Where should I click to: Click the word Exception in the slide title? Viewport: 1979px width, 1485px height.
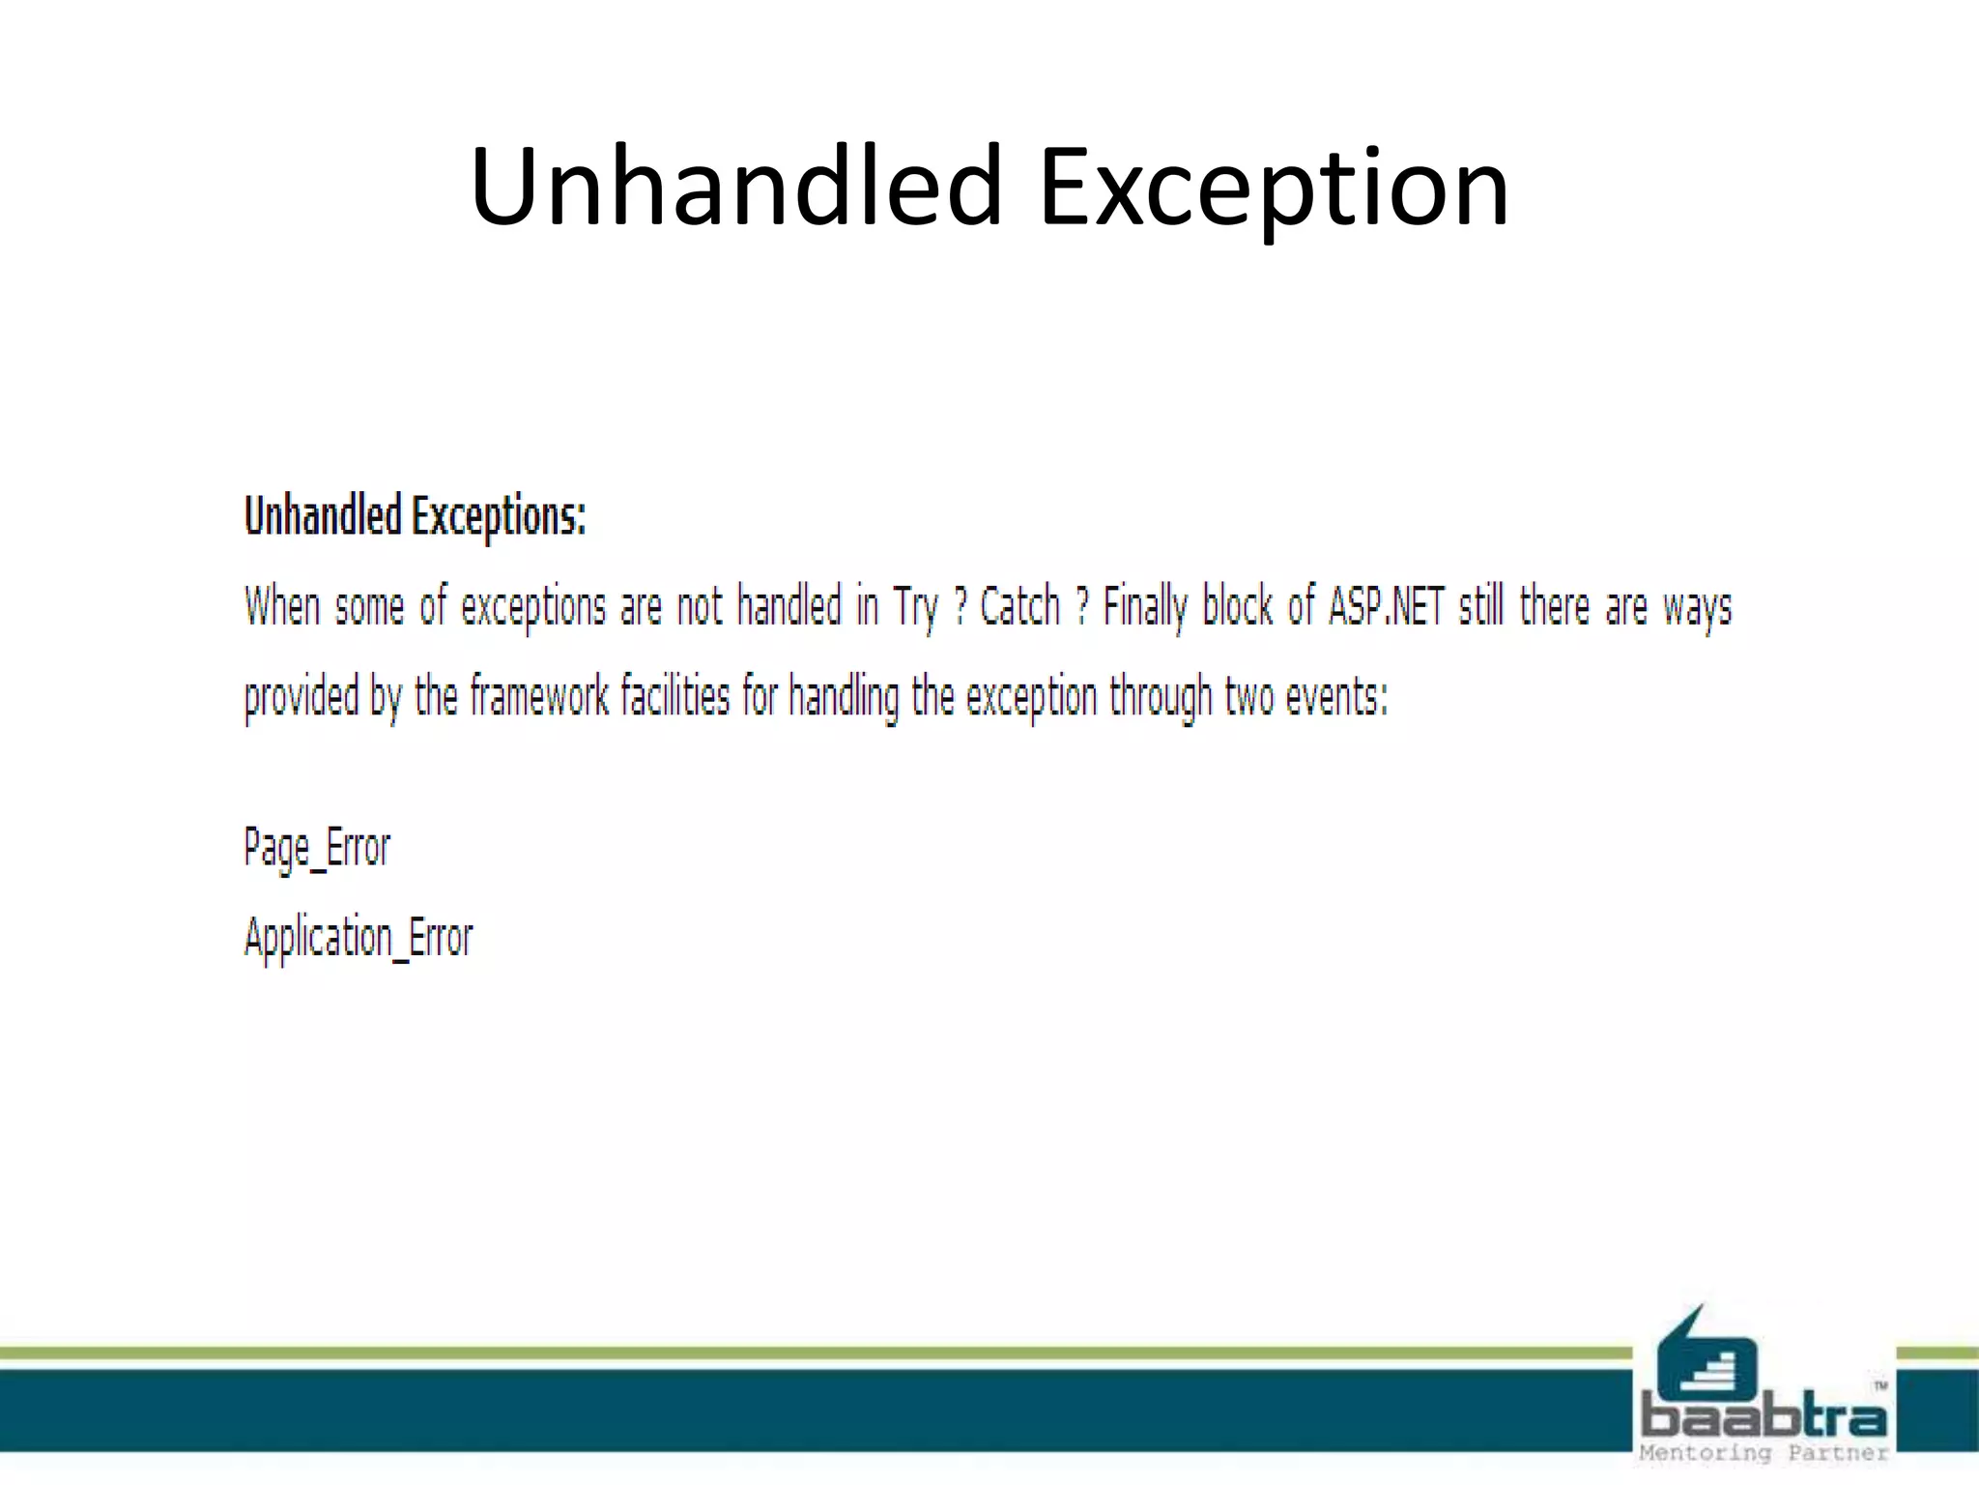tap(1273, 186)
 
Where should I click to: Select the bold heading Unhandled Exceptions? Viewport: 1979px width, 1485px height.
tap(415, 515)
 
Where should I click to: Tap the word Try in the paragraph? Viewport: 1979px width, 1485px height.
tap(915, 608)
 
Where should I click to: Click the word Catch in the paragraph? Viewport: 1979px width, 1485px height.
tap(1019, 606)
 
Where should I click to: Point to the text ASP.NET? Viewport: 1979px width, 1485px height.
tap(1386, 606)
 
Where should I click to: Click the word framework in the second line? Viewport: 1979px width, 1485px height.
tap(539, 696)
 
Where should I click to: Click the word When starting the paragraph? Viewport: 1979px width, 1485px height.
tap(281, 606)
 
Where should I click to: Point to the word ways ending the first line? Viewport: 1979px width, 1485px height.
tap(1697, 608)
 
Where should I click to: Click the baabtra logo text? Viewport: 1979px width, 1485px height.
tap(1764, 1417)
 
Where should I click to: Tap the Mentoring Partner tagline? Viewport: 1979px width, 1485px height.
tap(1764, 1453)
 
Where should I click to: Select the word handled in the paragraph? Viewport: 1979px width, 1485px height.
tap(789, 606)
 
